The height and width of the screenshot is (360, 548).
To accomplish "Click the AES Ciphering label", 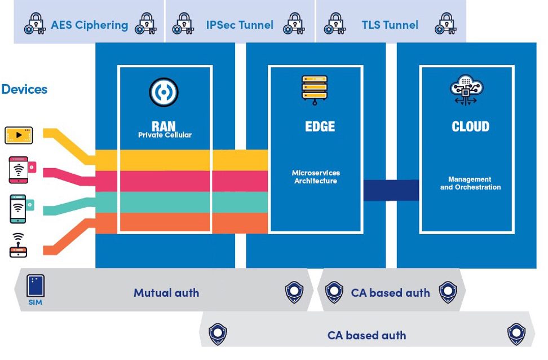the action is tap(90, 25).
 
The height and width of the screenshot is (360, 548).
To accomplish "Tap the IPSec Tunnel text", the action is tap(240, 25).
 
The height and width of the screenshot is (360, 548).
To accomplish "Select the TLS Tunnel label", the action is tap(390, 25).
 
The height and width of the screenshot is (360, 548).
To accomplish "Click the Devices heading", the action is tap(24, 89).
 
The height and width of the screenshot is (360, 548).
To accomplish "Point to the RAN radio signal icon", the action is tap(163, 92).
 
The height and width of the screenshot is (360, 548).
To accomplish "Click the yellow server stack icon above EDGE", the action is tap(315, 90).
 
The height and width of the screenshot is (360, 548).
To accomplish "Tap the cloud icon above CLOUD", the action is tap(466, 90).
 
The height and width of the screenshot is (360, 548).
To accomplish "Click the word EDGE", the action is tap(320, 126).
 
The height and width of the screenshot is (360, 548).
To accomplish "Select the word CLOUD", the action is tap(470, 126).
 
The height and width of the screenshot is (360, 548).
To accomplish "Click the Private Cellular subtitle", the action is tap(165, 135).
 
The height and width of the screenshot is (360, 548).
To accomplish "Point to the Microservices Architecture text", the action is tap(316, 177).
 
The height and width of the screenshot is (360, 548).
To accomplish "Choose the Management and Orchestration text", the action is tap(470, 183).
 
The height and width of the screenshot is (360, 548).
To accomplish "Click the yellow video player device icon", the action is tap(19, 135).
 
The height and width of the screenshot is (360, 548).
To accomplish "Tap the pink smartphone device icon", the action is tap(21, 170).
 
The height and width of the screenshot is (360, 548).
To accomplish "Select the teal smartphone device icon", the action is tap(21, 209).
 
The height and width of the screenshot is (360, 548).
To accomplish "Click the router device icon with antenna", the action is tap(18, 245).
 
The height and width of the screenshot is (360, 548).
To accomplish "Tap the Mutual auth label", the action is tap(166, 293).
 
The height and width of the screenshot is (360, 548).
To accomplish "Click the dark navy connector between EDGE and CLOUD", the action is tap(391, 190).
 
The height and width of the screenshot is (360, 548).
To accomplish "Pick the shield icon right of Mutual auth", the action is tap(294, 292).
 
